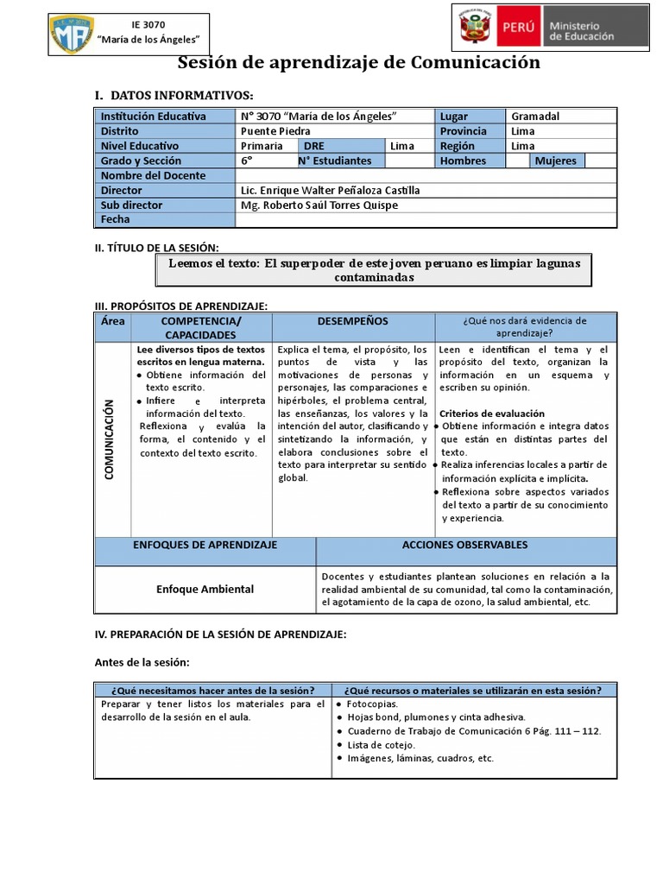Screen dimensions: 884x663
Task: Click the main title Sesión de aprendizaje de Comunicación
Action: pos(358,62)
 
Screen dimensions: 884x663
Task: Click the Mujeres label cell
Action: pos(557,161)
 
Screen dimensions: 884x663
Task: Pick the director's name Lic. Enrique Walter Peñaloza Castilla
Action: pos(331,191)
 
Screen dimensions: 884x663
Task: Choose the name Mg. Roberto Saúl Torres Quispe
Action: pos(319,205)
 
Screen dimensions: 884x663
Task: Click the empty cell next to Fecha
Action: pos(426,220)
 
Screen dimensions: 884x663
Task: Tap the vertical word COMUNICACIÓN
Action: pos(110,440)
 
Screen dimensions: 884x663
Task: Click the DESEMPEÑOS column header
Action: pos(352,321)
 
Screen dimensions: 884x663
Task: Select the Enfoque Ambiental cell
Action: pos(205,589)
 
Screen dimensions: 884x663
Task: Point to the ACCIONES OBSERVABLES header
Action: pos(465,546)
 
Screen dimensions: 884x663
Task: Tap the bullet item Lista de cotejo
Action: pos(381,744)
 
